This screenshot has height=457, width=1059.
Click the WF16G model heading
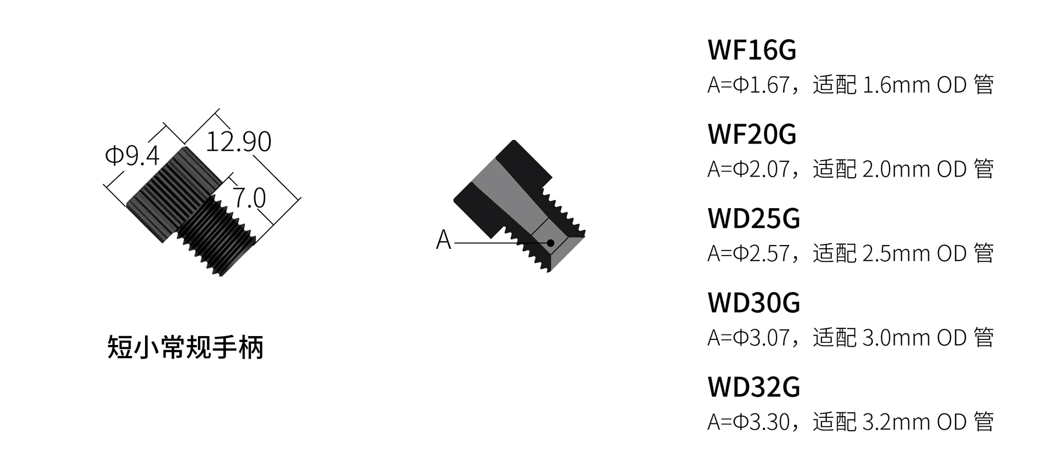coord(752,50)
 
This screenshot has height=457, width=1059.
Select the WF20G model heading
coord(752,135)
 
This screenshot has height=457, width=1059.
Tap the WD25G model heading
coord(753,219)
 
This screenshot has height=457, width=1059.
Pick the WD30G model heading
coord(753,303)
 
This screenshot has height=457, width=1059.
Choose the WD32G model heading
coord(753,387)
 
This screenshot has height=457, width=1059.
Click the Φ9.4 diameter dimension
coord(132,156)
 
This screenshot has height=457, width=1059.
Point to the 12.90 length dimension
coord(238,142)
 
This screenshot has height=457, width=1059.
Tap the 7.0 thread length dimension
coord(249,198)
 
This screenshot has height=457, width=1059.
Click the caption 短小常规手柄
coord(185,348)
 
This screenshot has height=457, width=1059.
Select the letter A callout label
coord(443,240)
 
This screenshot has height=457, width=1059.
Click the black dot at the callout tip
coord(550,243)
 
